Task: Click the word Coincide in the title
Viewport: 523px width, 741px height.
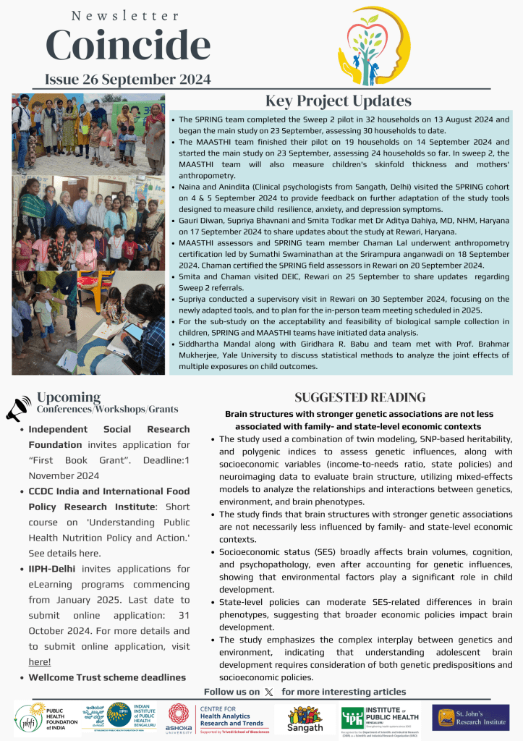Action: [x=128, y=46]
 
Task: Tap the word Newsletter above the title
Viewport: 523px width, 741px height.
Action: [x=126, y=15]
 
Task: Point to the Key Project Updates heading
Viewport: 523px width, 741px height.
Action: [x=338, y=101]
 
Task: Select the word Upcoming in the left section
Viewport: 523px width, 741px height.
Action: [x=69, y=397]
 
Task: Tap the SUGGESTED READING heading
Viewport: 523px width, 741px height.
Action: [x=360, y=397]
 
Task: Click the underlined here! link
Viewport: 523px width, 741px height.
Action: [x=40, y=661]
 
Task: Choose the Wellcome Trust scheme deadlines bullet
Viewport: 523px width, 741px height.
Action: [x=107, y=677]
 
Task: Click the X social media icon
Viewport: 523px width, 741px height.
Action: [x=269, y=693]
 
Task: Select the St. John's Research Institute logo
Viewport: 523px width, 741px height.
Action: [x=470, y=717]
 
